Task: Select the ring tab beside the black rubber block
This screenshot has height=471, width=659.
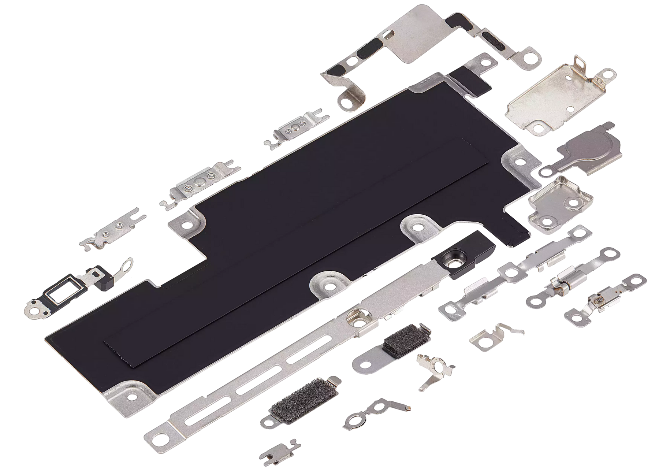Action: point(127,264)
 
